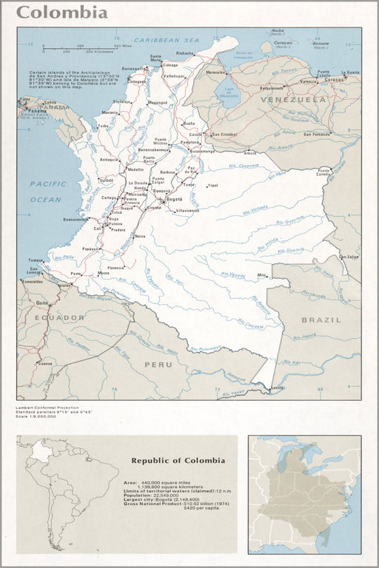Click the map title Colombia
point(62,13)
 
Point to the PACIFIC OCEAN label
point(46,191)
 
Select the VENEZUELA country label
point(302,99)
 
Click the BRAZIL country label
point(321,319)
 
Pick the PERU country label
point(158,364)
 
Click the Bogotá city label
point(174,199)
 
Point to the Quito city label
point(42,302)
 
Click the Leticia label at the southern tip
point(277,388)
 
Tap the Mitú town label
point(261,275)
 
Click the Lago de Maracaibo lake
point(233,94)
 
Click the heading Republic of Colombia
point(178,460)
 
